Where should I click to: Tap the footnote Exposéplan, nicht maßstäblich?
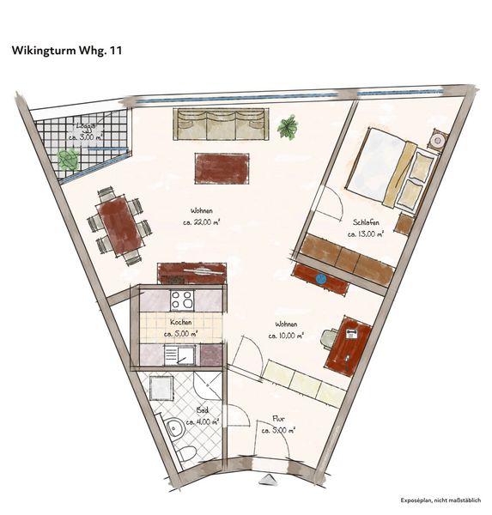click(x=440, y=500)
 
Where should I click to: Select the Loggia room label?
click(x=86, y=131)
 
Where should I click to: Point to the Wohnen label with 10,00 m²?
click(x=285, y=330)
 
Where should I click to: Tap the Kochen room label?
click(x=179, y=328)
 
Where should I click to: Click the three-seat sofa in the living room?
click(x=220, y=124)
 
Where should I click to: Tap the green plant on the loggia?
click(x=67, y=159)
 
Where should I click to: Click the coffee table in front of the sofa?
click(x=222, y=167)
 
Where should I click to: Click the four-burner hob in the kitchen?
click(x=182, y=300)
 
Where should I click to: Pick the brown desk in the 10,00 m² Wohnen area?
click(x=349, y=344)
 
